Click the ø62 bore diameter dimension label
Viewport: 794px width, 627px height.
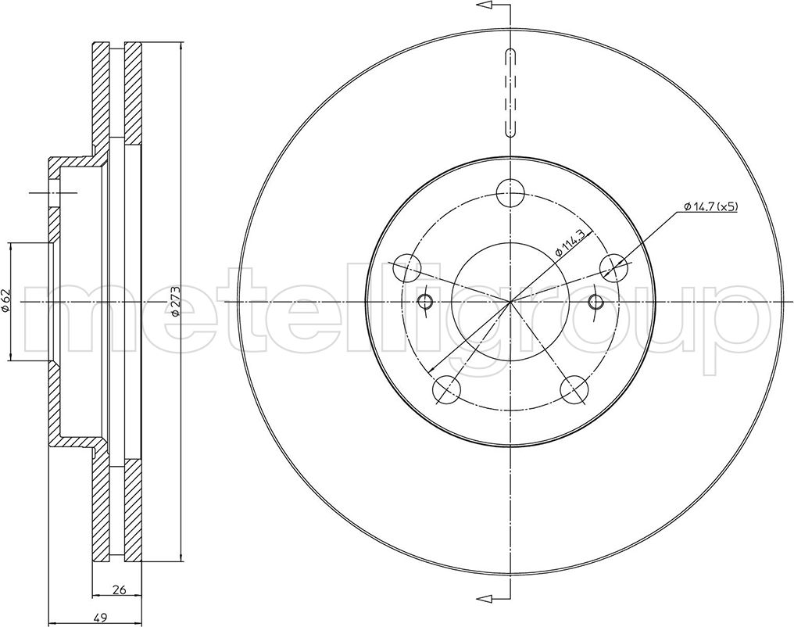click(6, 301)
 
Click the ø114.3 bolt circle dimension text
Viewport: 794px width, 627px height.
click(570, 242)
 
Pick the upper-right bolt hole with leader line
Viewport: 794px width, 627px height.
click(614, 267)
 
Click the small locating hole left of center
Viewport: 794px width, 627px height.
click(426, 302)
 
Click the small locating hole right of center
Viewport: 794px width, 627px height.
click(595, 302)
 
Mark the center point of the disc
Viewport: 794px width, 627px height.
click(510, 302)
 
